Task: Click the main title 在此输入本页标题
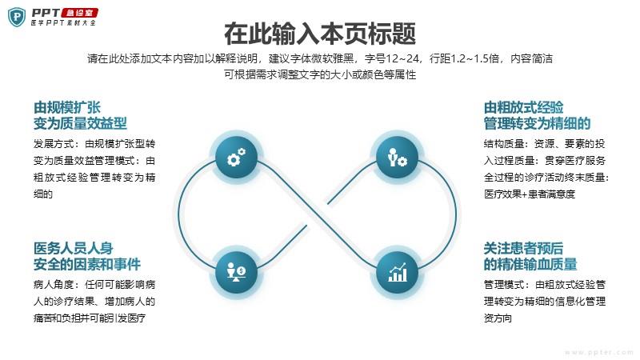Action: [320, 34]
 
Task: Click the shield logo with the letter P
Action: [17, 17]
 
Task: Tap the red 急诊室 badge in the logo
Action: [79, 13]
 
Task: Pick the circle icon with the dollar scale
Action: [236, 272]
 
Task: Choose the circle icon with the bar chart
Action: [397, 272]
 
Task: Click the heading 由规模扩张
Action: [67, 107]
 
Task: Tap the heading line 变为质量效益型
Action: [80, 123]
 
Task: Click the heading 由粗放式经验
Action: [524, 107]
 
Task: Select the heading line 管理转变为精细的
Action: [537, 123]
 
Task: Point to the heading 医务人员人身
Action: [74, 248]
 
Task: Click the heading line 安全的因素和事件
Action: [87, 264]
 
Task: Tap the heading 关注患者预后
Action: [524, 248]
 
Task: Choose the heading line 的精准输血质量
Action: [530, 264]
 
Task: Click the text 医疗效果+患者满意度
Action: [530, 194]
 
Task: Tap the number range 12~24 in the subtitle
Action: [402, 58]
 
